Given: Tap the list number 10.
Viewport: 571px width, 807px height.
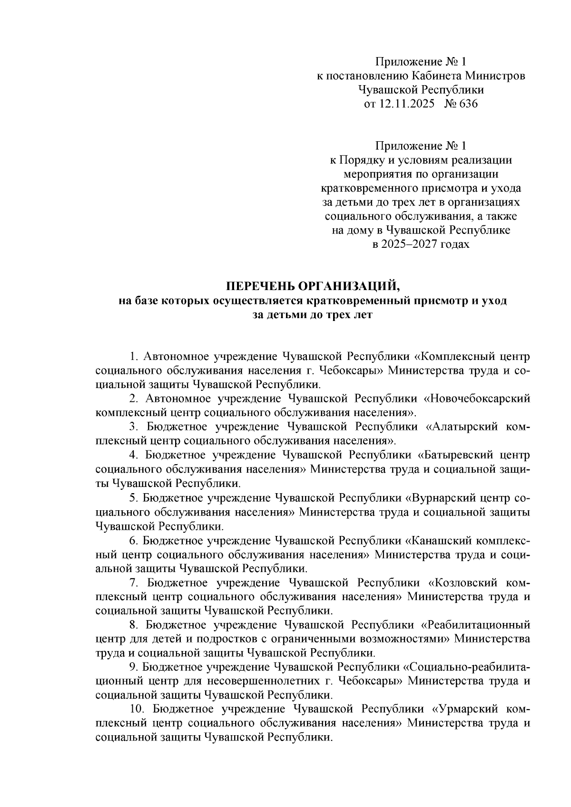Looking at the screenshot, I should click(137, 709).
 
